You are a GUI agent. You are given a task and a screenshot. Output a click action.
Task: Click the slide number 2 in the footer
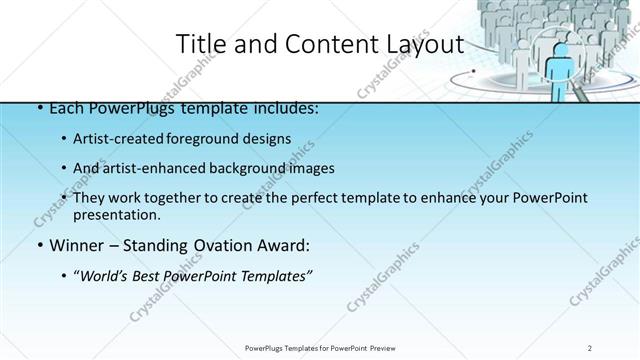tap(591, 347)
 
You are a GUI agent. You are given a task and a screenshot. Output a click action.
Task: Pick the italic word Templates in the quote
tap(273, 276)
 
